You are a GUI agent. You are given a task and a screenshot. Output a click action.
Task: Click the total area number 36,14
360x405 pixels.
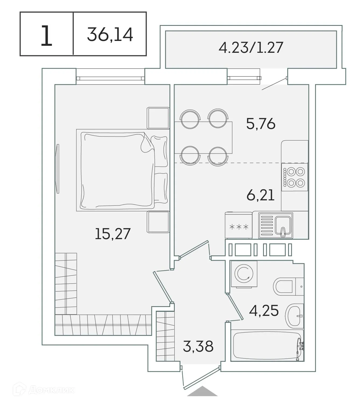(x=110, y=34)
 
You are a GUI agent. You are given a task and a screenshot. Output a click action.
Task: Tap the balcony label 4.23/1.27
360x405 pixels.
(x=251, y=48)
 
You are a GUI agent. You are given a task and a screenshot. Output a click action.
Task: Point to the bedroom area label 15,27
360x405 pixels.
(x=113, y=233)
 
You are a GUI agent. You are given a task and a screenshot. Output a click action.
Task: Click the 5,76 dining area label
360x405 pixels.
(x=261, y=124)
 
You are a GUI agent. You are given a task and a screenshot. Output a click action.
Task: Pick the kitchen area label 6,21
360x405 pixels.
(x=260, y=195)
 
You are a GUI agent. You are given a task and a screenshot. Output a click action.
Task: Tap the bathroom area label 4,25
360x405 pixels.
(x=264, y=311)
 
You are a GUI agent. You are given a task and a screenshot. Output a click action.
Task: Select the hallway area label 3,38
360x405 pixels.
(x=198, y=346)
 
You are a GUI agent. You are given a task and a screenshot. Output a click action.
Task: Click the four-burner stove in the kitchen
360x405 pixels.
(x=295, y=177)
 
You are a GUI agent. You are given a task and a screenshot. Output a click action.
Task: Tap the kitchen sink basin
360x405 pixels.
(x=283, y=226)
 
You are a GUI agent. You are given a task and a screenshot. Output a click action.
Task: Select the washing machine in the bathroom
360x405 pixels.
(x=244, y=274)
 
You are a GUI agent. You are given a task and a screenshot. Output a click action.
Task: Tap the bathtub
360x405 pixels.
(x=267, y=345)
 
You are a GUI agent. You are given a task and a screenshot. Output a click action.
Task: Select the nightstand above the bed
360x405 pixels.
(x=158, y=118)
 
